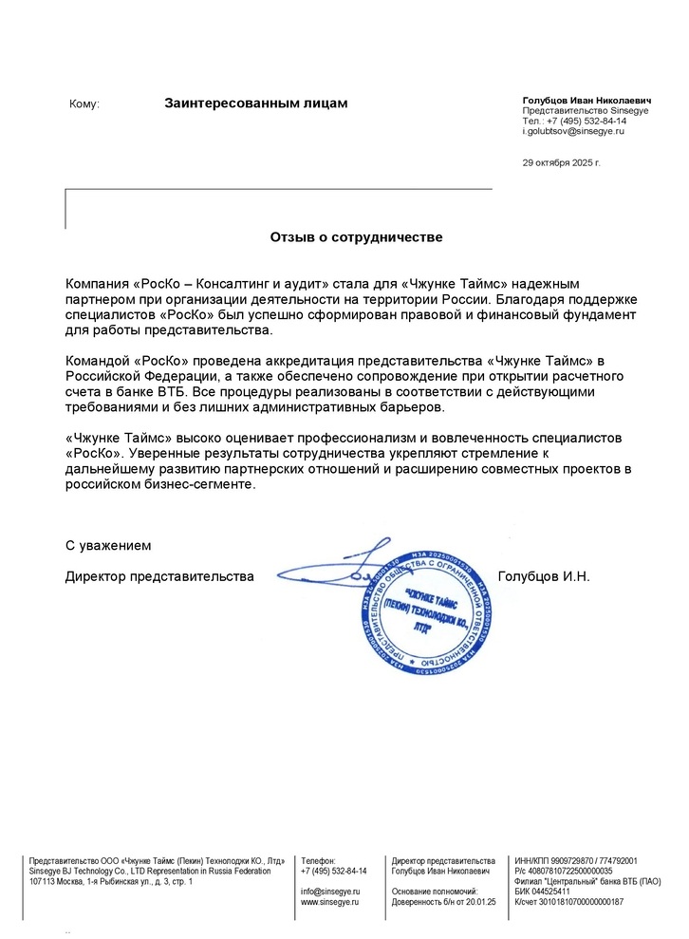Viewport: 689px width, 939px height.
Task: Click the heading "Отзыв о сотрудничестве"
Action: coord(356,236)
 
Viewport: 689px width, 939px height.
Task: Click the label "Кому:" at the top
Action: coord(84,103)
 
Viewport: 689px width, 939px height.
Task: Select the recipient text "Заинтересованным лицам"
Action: coord(256,103)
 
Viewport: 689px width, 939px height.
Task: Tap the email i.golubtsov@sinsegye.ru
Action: coord(573,132)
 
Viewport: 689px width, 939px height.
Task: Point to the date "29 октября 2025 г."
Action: coord(562,162)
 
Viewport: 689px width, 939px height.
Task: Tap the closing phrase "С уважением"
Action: coord(108,546)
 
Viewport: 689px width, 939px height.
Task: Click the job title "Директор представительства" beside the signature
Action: coord(159,576)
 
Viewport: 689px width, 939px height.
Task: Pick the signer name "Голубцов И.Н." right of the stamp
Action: coord(544,576)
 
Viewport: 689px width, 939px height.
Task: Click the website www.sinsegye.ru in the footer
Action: coord(329,902)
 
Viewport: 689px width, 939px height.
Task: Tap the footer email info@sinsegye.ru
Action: coord(329,892)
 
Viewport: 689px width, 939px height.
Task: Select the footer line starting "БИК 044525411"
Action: coord(542,892)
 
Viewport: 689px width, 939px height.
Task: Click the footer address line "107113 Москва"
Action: coord(111,882)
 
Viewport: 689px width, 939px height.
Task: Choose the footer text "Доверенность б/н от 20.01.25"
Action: coord(443,902)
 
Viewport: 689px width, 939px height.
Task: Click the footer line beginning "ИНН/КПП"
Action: coord(575,860)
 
